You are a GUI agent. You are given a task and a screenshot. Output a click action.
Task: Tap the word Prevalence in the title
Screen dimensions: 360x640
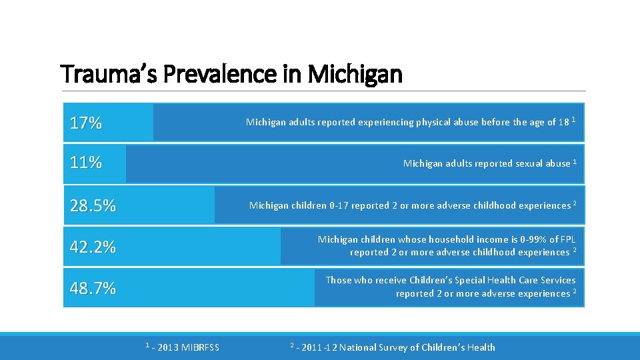(x=219, y=74)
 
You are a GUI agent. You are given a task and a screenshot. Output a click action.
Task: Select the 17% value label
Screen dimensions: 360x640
(x=86, y=123)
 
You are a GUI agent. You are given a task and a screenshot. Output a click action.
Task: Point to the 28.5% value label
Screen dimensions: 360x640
(x=93, y=205)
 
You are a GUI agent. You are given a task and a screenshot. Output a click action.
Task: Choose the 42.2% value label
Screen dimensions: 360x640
(x=93, y=247)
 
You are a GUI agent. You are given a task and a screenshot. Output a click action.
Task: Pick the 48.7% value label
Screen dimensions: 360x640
(x=93, y=288)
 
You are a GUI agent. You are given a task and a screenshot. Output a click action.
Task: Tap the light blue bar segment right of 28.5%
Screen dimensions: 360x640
(x=167, y=205)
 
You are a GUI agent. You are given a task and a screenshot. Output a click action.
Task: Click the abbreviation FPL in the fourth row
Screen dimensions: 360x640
(x=567, y=239)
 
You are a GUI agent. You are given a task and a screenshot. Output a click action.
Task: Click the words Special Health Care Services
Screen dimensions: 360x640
(x=518, y=281)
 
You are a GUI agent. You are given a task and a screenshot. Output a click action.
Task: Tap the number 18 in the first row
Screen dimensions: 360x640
(x=564, y=123)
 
